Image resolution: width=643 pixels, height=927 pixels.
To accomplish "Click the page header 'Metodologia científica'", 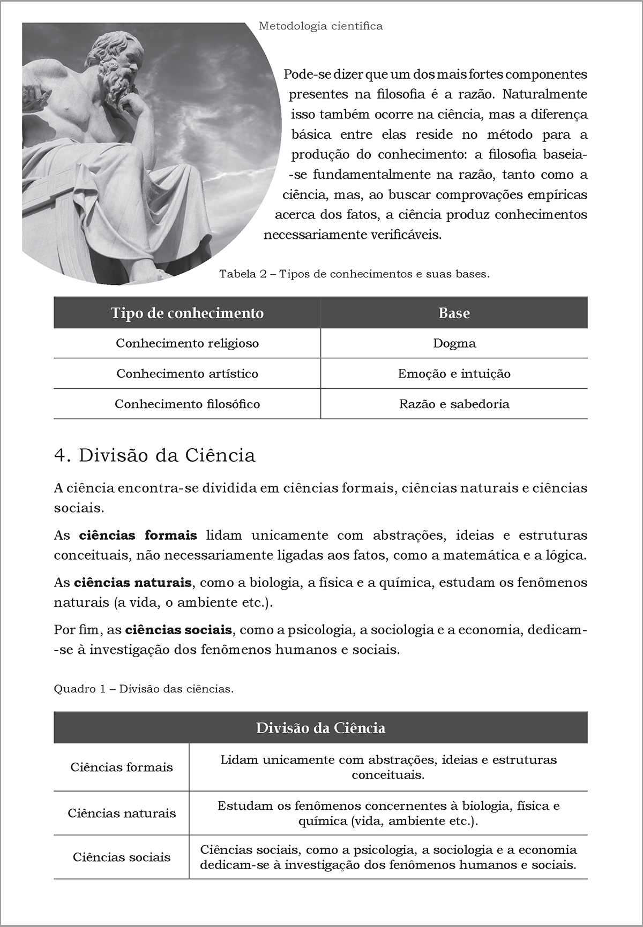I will click(320, 26).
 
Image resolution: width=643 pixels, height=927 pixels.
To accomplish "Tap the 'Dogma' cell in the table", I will click(454, 343).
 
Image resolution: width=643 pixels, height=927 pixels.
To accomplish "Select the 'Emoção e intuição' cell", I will click(454, 374).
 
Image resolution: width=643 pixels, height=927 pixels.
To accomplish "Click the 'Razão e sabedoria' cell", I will click(454, 404).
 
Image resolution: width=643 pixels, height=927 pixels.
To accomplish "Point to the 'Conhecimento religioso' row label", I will click(187, 343).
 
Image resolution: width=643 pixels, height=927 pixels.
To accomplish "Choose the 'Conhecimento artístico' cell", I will click(187, 374).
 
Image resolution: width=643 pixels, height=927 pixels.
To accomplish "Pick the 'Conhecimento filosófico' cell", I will click(187, 404).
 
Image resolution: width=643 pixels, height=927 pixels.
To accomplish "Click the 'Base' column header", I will click(454, 313).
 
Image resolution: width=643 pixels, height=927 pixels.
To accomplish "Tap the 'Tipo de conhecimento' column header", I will click(187, 313).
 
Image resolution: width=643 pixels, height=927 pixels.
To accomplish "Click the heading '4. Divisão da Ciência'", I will click(155, 455).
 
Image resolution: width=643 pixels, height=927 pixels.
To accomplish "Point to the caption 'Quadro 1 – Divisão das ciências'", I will click(144, 689).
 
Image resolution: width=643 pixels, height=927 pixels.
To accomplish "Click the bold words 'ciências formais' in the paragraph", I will click(138, 535).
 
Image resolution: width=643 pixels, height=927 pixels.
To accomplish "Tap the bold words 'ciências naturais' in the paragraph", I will click(132, 582).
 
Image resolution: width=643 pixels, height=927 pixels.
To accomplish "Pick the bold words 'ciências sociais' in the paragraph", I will click(178, 630).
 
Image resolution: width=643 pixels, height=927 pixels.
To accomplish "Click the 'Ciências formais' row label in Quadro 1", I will click(122, 767).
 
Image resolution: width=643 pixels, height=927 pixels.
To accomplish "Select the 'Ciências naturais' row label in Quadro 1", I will click(122, 813).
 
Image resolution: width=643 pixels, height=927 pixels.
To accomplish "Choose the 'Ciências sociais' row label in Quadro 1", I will click(122, 857).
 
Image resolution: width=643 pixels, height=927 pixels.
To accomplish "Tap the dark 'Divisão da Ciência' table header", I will click(320, 728).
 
